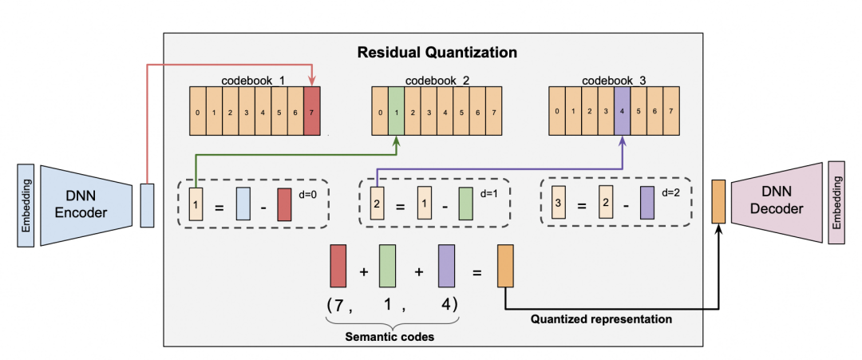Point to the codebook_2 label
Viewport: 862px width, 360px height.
[437, 81]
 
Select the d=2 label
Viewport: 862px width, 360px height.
[670, 193]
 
